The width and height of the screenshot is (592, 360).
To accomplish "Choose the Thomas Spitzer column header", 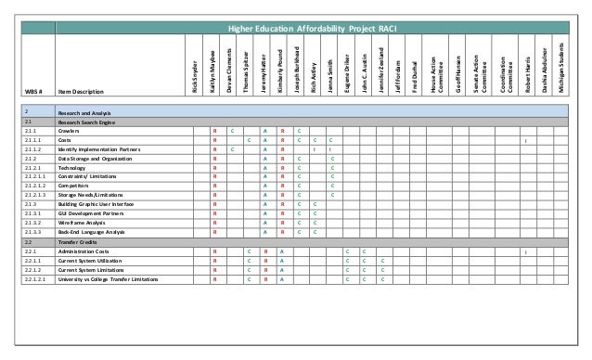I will point(249,70).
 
